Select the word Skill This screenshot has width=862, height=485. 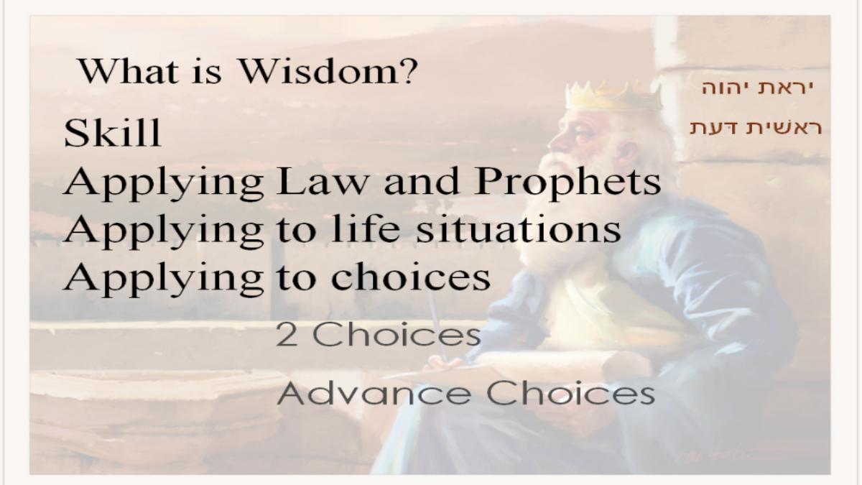coord(112,133)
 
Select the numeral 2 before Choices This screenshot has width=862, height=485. coord(287,335)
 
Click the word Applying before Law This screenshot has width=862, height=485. coord(164,184)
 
